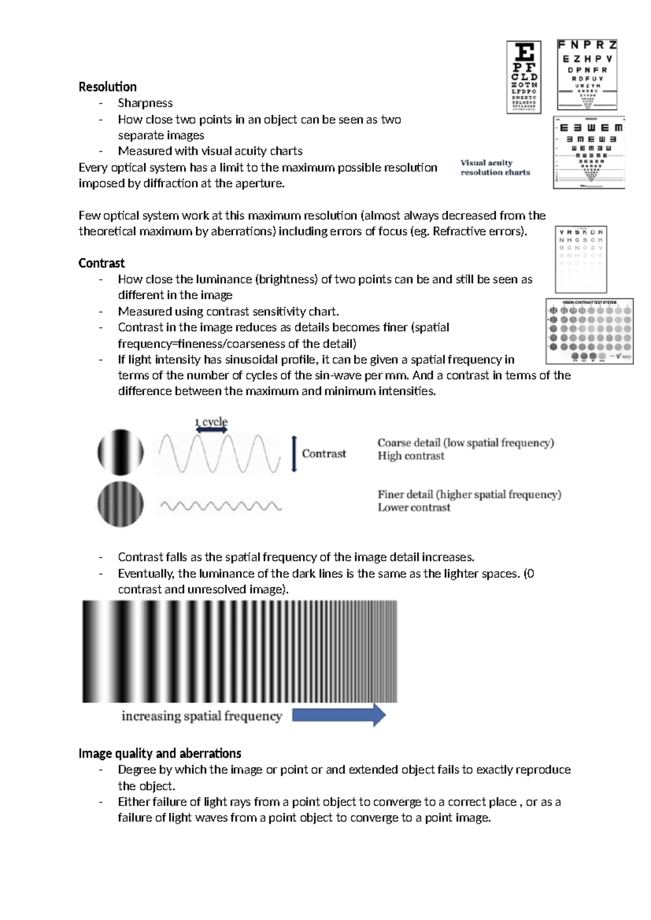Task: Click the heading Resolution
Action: pyautogui.click(x=107, y=87)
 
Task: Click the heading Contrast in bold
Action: pyautogui.click(x=101, y=263)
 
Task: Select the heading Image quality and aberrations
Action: pyautogui.click(x=159, y=753)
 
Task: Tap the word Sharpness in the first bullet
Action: pyautogui.click(x=145, y=103)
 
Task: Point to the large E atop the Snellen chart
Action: pyautogui.click(x=524, y=53)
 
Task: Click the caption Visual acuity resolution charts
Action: pyautogui.click(x=495, y=167)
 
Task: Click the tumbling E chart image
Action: pyautogui.click(x=589, y=152)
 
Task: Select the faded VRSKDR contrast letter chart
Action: pyautogui.click(x=581, y=259)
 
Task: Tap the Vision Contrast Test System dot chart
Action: pyautogui.click(x=590, y=331)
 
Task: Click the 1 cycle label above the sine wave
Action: pyautogui.click(x=212, y=421)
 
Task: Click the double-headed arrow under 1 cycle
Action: pyautogui.click(x=212, y=430)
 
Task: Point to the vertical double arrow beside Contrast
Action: pyautogui.click(x=294, y=453)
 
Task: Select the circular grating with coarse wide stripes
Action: pyautogui.click(x=120, y=452)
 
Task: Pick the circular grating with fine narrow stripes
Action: pyautogui.click(x=120, y=504)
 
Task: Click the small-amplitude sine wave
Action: pyautogui.click(x=220, y=506)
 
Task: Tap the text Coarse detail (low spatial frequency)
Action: pyautogui.click(x=465, y=443)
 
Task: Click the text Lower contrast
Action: pyautogui.click(x=414, y=508)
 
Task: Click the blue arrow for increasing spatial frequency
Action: pyautogui.click(x=339, y=715)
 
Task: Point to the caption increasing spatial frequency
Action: pyautogui.click(x=202, y=716)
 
